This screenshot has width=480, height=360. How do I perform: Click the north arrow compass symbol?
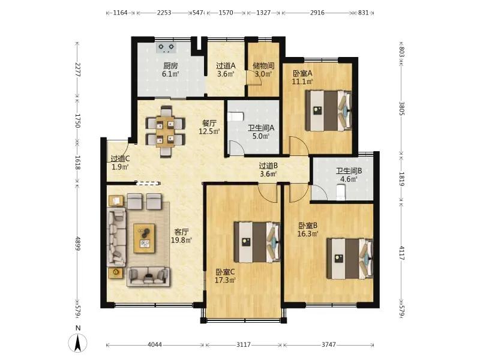pos(78,343)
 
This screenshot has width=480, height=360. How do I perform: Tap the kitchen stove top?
pos(166,47)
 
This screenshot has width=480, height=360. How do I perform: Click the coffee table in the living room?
pos(145,238)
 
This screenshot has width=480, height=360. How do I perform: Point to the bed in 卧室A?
pos(329,110)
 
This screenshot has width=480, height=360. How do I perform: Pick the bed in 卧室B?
pos(350,259)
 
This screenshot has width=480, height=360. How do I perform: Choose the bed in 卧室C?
pos(257,242)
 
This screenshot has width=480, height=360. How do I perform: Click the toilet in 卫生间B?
pos(341,193)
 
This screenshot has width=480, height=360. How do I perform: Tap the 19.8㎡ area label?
pos(181,241)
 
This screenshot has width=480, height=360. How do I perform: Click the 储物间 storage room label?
pos(263,65)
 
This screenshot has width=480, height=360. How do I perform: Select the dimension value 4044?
pos(155,345)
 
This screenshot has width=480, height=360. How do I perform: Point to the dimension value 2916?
pos(317,13)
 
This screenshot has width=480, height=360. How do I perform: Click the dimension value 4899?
pos(77,244)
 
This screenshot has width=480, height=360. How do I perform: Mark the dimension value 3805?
pos(402,109)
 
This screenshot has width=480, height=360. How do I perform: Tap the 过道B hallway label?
pos(268,166)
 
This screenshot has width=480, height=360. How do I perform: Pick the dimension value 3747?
pos(328,345)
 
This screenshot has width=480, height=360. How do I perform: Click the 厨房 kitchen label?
pos(170,65)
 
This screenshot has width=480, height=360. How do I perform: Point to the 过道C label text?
pos(120,159)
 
